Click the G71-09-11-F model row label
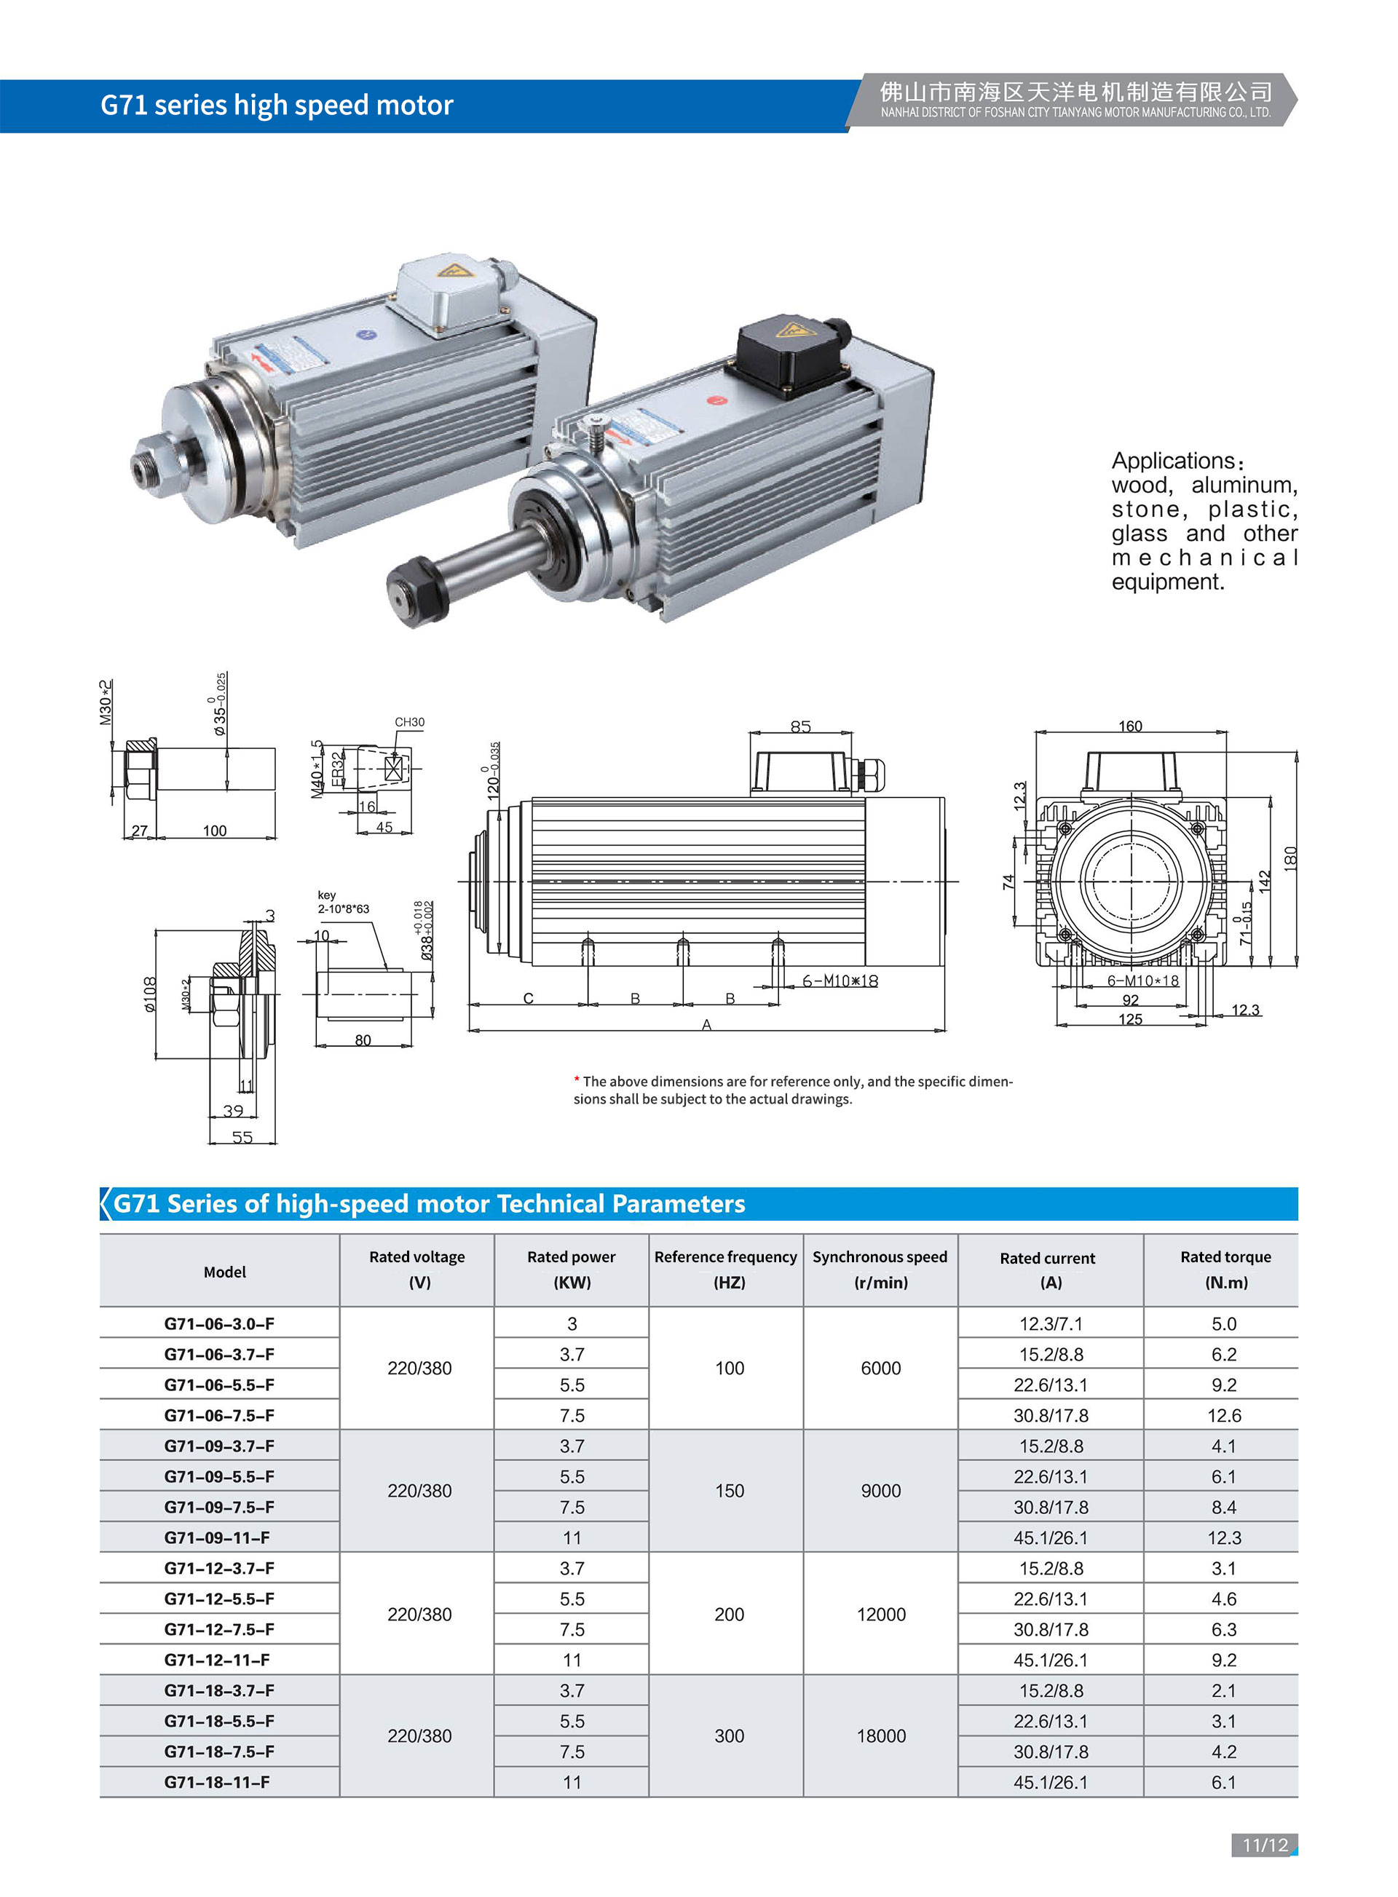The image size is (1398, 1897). point(218,1537)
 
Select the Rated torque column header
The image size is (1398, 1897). point(1225,1270)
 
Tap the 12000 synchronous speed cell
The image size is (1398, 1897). point(881,1615)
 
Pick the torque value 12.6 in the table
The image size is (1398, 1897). point(1224,1416)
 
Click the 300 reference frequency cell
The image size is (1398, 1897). point(729,1736)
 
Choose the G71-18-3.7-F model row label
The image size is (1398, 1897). point(219,1690)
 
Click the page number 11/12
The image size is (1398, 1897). point(1264,1845)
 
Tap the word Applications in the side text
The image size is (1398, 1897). point(1173,461)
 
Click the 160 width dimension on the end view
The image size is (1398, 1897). point(1130,726)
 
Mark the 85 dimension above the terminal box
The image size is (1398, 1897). point(800,726)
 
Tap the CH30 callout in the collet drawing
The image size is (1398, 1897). point(410,721)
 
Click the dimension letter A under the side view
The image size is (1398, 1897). point(706,1025)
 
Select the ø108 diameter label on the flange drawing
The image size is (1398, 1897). point(150,994)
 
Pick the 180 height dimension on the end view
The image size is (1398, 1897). point(1290,858)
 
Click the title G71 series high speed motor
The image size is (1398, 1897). point(277,105)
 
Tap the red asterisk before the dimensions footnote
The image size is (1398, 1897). point(576,1080)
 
